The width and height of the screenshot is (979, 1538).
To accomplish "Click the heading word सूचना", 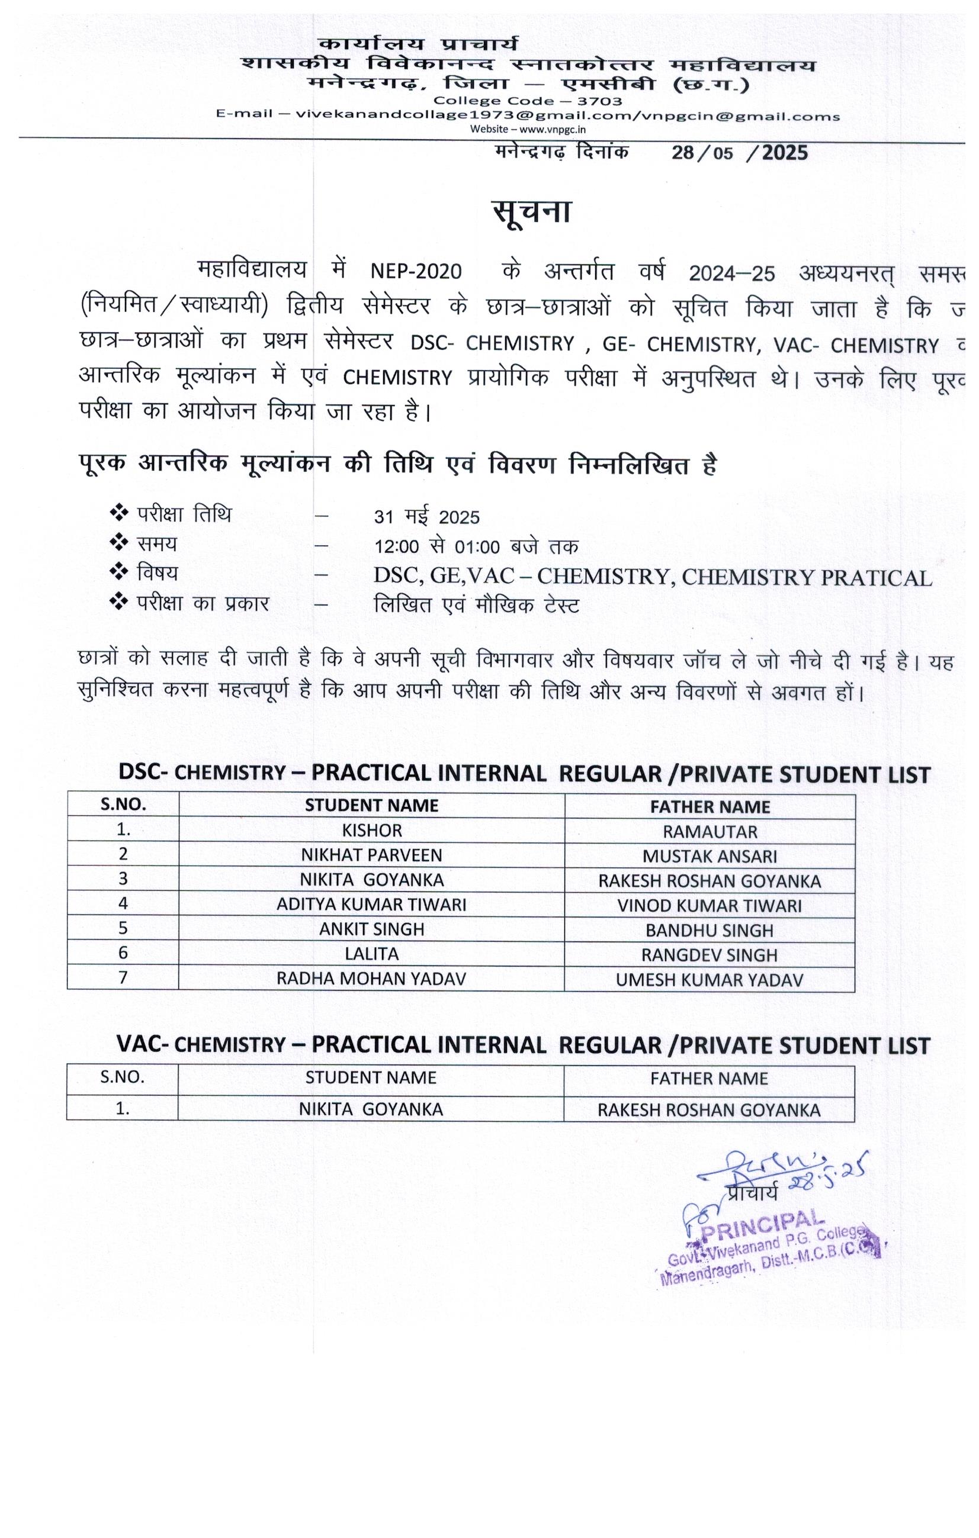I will (x=531, y=212).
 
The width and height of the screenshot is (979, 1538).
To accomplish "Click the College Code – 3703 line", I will (x=527, y=101).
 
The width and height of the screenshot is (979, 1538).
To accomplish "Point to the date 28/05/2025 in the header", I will (x=739, y=153).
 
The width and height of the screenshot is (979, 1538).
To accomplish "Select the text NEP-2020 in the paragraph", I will (x=416, y=272).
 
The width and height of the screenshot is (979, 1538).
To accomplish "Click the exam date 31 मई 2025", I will (x=426, y=517).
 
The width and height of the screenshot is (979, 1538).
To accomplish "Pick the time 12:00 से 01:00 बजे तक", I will (x=476, y=547).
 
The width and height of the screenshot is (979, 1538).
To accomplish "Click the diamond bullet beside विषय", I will (x=119, y=572).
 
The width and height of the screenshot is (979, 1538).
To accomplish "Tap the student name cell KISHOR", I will (x=371, y=831).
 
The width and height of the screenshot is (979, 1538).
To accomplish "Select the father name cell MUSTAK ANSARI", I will (x=710, y=857).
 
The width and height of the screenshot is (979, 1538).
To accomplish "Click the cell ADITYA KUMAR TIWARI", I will (x=371, y=905).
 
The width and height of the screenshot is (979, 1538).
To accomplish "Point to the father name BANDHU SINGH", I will (x=710, y=931).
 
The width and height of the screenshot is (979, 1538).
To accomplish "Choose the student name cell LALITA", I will (x=371, y=954).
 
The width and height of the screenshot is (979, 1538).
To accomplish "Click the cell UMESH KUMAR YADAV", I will (x=710, y=980).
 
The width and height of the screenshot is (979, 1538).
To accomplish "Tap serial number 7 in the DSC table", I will (x=123, y=978).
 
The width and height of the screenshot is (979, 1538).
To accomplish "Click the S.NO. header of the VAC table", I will (x=122, y=1077).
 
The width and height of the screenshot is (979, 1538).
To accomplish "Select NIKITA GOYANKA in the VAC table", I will (x=371, y=1109).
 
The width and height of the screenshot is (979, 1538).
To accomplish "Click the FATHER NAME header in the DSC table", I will (x=710, y=807).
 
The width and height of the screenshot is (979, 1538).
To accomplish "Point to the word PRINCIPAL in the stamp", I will (x=761, y=1225).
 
